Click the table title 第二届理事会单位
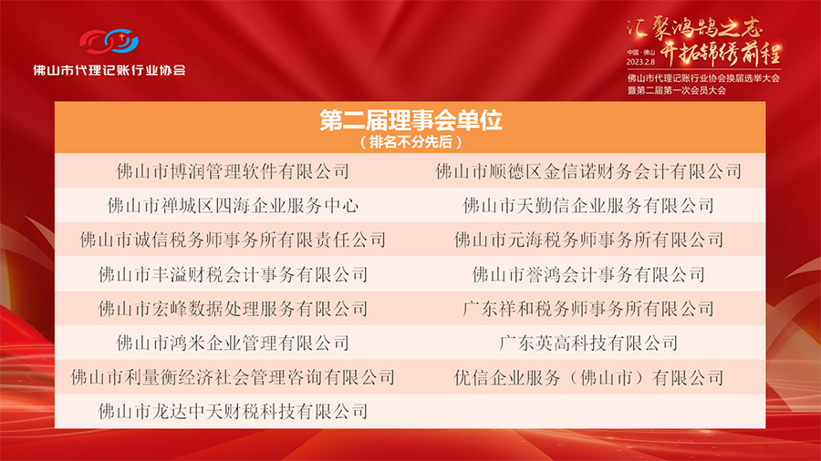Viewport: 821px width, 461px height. [x=411, y=120]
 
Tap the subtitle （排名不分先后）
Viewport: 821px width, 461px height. [x=411, y=141]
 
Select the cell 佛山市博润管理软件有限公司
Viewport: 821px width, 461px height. [x=233, y=171]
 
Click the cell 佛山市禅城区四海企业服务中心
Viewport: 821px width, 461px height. [x=233, y=205]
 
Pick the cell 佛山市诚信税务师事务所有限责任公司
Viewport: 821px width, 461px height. [x=233, y=240]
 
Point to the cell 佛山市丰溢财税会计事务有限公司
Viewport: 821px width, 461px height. [x=233, y=274]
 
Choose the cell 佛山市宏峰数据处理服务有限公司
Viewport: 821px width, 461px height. [x=233, y=308]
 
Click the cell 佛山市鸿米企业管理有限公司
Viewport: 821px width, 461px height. [x=233, y=343]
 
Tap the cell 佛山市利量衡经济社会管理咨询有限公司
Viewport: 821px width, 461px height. [x=233, y=377]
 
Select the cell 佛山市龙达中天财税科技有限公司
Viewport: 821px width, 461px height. [x=233, y=411]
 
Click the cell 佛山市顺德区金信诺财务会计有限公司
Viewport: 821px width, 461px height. [x=588, y=171]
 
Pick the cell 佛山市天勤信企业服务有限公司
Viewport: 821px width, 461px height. [x=588, y=205]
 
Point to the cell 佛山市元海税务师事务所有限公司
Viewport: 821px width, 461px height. [x=588, y=240]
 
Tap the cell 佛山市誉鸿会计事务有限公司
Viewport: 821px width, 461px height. [x=588, y=274]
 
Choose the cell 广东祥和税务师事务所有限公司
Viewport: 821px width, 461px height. [x=588, y=308]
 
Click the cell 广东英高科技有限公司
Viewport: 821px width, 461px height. [x=588, y=343]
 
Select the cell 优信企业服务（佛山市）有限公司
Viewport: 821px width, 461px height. [x=588, y=377]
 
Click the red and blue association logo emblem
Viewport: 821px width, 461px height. [x=109, y=41]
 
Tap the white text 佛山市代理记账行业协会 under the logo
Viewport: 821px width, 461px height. [x=109, y=70]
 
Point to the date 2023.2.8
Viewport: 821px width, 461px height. [x=640, y=62]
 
